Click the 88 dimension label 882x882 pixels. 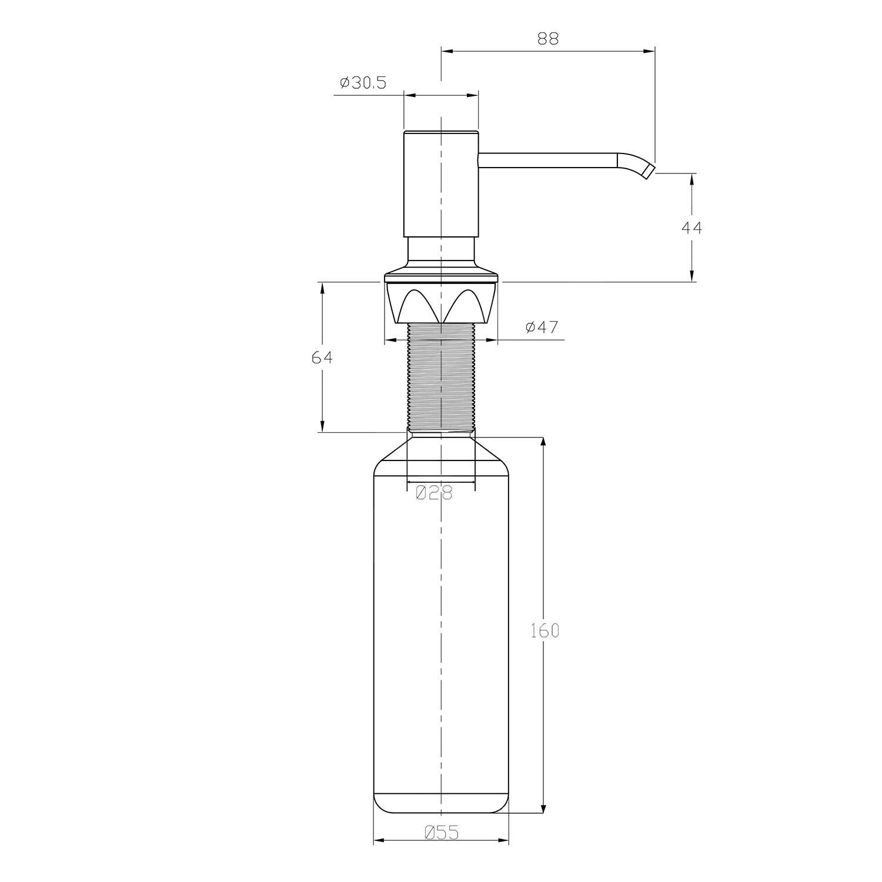click(547, 38)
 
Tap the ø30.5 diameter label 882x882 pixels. click(363, 83)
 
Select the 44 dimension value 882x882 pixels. click(692, 227)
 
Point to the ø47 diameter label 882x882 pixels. click(542, 327)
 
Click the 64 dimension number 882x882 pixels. click(322, 357)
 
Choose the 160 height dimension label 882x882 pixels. click(544, 630)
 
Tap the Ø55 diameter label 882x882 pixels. click(440, 832)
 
